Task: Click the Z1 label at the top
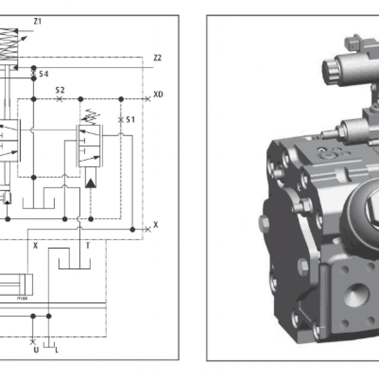[37, 21]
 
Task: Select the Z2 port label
[157, 58]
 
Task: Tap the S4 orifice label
[43, 74]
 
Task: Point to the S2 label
[60, 90]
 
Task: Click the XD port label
[158, 94]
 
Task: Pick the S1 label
[130, 120]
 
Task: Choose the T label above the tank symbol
[88, 245]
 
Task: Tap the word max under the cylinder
[21, 298]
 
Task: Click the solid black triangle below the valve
[90, 182]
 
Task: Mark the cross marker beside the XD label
[148, 99]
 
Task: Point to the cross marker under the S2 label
[59, 99]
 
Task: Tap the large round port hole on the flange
[356, 295]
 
